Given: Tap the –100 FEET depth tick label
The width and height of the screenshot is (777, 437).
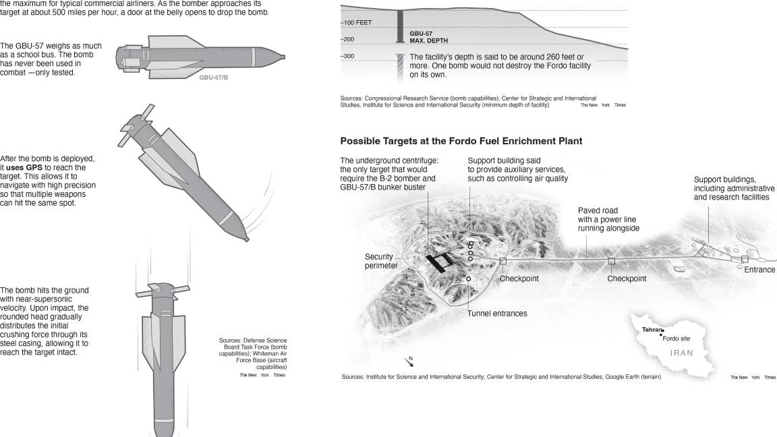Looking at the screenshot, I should (357, 23).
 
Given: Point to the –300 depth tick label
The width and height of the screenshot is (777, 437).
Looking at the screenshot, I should (347, 56).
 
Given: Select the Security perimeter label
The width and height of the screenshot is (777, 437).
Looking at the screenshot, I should (381, 261).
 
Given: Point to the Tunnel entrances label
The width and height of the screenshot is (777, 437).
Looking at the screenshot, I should (497, 314).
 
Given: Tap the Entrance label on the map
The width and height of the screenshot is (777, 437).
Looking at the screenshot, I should (759, 270).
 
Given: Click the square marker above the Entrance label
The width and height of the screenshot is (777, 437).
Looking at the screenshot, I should (745, 259).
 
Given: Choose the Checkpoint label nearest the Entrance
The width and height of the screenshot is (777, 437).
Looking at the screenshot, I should (627, 279).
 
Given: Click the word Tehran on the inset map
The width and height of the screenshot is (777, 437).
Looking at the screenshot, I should (652, 330).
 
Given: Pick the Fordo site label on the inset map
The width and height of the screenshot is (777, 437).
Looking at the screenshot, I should (677, 339).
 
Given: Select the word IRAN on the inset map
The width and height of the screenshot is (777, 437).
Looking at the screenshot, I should (681, 353).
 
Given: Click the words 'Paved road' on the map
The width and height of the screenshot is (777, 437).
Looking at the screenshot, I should (598, 210).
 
